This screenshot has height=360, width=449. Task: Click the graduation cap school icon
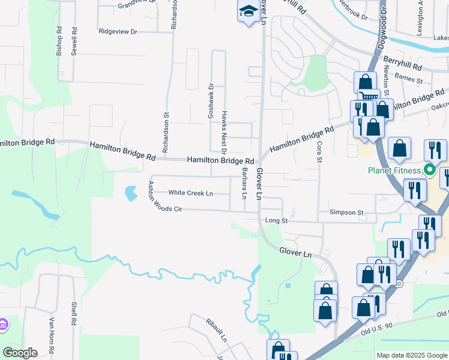point(248,11)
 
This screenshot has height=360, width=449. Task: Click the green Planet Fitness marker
point(430,170)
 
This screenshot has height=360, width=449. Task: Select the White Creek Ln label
point(191,193)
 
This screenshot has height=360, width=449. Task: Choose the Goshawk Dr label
point(211,100)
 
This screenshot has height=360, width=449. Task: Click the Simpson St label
point(346,213)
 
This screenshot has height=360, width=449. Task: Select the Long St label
point(277,221)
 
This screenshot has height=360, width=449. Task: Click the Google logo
point(20,353)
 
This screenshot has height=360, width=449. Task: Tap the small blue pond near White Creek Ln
point(130,193)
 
